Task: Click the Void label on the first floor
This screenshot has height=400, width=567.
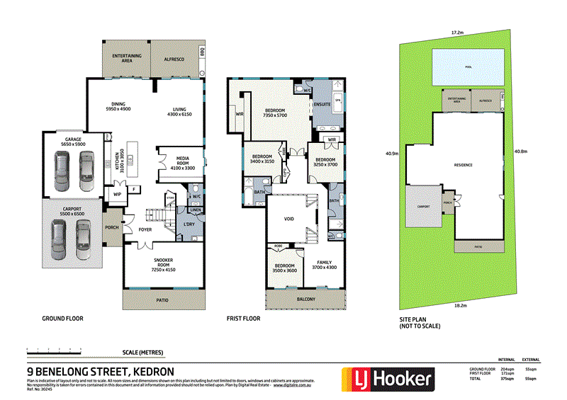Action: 288,219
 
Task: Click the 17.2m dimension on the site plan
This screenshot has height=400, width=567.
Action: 457,33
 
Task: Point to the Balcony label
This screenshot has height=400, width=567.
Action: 303,299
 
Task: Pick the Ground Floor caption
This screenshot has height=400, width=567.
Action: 62,319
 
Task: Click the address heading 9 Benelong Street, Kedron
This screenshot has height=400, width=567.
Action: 100,371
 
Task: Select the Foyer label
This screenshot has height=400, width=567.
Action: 145,229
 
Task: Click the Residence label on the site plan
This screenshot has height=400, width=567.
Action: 463,164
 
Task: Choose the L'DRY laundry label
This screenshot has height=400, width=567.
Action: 189,224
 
